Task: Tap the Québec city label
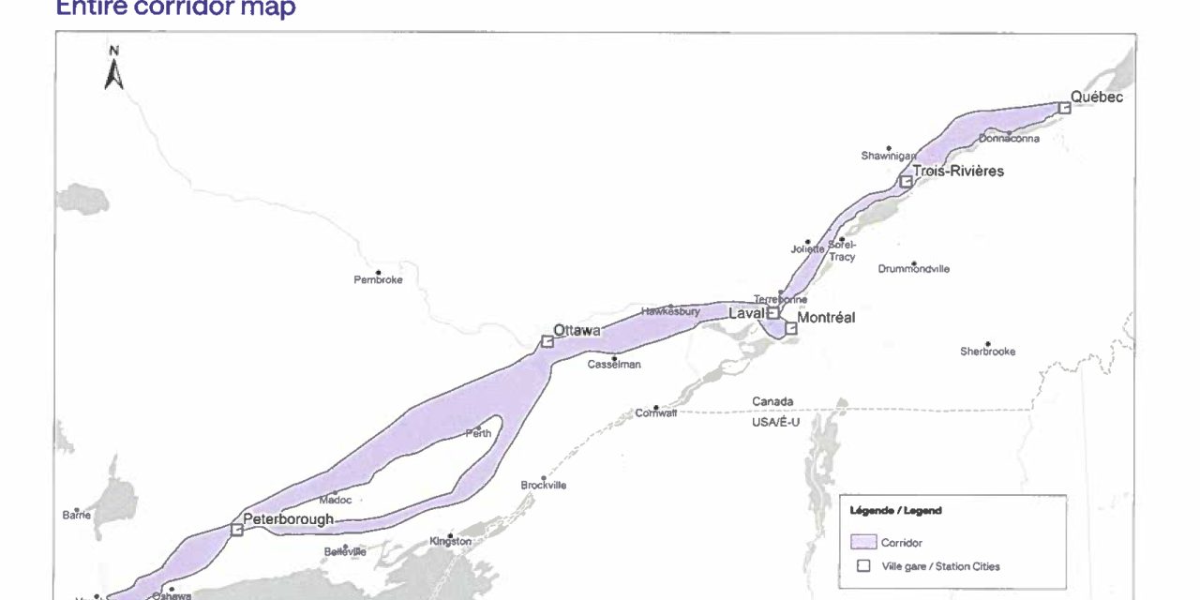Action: pyautogui.click(x=1096, y=97)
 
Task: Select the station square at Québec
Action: pyautogui.click(x=1064, y=109)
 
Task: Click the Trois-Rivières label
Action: pyautogui.click(x=958, y=172)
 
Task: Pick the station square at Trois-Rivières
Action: pyautogui.click(x=906, y=181)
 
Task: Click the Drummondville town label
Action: pyautogui.click(x=913, y=269)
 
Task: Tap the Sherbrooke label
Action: pyautogui.click(x=987, y=352)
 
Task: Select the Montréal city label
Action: pyautogui.click(x=826, y=318)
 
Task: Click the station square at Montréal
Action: pyautogui.click(x=791, y=328)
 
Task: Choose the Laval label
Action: pyautogui.click(x=746, y=314)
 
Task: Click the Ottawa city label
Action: pyautogui.click(x=577, y=330)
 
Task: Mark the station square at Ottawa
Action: pyautogui.click(x=547, y=342)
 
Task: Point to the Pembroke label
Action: pyautogui.click(x=378, y=280)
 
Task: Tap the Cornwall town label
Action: pyautogui.click(x=655, y=412)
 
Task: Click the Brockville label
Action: pyautogui.click(x=543, y=485)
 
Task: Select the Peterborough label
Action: pyautogui.click(x=288, y=518)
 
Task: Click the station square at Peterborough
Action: pyautogui.click(x=236, y=530)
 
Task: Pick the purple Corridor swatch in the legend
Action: pyautogui.click(x=862, y=542)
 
